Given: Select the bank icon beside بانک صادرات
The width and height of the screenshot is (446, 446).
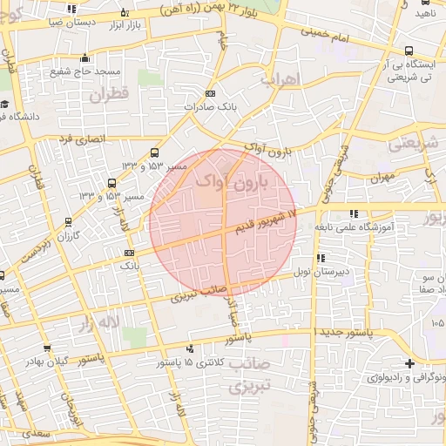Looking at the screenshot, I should click(x=209, y=93).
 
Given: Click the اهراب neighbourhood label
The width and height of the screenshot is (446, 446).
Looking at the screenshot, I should click(x=280, y=79).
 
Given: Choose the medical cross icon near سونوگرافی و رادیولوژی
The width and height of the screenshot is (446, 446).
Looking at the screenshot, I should click(x=409, y=363).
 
